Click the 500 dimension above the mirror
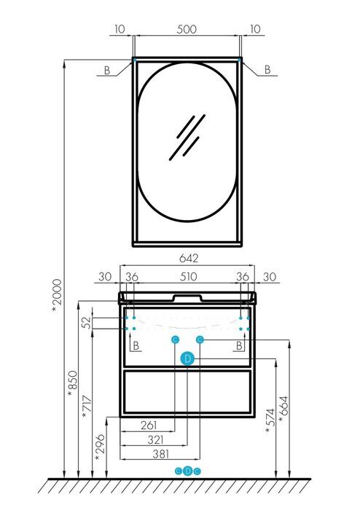coord(187,29)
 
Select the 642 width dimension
coord(189,258)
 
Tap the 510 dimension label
coord(188,277)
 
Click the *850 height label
coord(73,384)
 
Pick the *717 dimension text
coord(87,407)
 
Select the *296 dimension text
coord(100,447)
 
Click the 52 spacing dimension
coord(87,323)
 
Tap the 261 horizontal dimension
coord(149,425)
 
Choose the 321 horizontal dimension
coord(155,440)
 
